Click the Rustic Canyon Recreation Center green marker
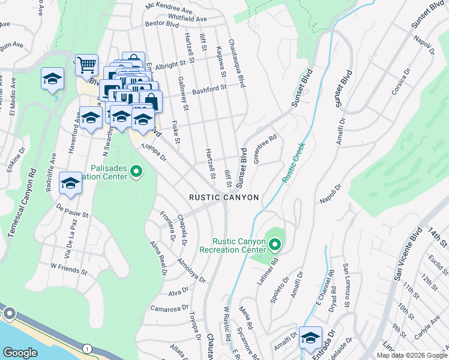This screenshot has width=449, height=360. (x=275, y=244)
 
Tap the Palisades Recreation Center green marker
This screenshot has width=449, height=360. (x=136, y=173)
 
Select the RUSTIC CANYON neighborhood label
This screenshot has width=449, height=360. (x=224, y=197)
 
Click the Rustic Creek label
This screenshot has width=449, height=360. (x=294, y=162)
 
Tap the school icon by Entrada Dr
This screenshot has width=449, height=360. (x=310, y=337)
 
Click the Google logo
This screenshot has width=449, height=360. (x=20, y=353)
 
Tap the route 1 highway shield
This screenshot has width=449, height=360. (x=88, y=348)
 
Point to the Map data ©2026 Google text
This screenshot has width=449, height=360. (x=412, y=355)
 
